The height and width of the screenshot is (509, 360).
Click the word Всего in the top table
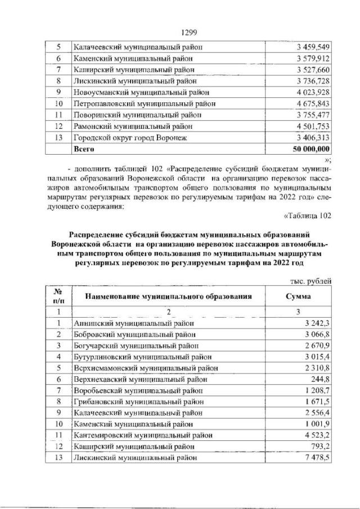(x=85, y=150)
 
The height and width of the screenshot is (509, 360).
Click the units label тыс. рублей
(x=309, y=281)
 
